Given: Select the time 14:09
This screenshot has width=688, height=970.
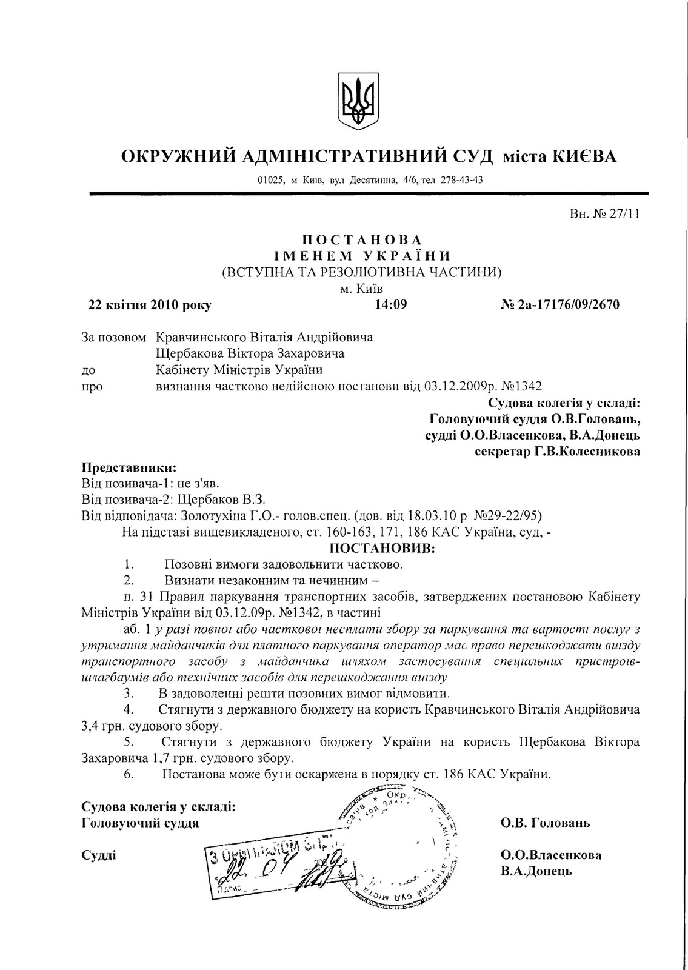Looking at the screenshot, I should [391, 304].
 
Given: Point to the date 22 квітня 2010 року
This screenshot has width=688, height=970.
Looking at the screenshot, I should [150, 305].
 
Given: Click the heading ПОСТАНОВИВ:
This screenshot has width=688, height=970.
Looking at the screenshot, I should [382, 549].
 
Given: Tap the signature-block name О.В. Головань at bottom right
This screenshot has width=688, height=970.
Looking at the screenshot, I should [545, 823].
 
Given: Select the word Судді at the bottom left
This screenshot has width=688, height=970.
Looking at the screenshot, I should [99, 855].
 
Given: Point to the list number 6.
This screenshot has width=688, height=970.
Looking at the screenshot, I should [128, 774].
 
